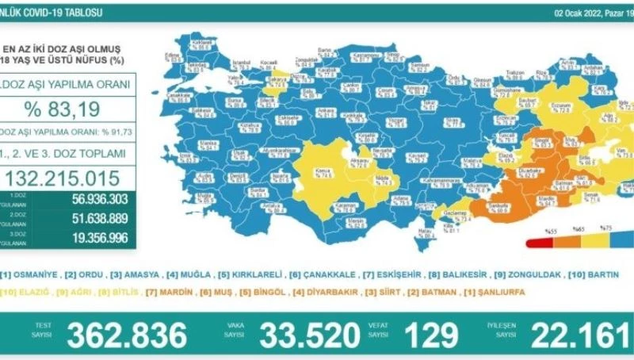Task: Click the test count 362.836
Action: [127, 335]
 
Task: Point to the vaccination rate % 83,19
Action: [68, 107]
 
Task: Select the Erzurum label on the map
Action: [539, 104]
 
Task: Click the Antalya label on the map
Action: [273, 203]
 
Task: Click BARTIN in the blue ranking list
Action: [606, 275]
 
